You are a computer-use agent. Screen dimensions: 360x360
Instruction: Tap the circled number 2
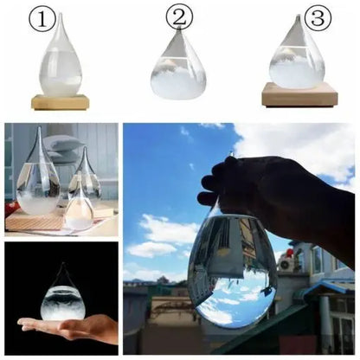[179, 16]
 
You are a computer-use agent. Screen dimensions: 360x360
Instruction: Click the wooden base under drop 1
[61, 102]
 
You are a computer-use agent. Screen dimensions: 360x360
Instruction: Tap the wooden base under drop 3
[298, 95]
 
